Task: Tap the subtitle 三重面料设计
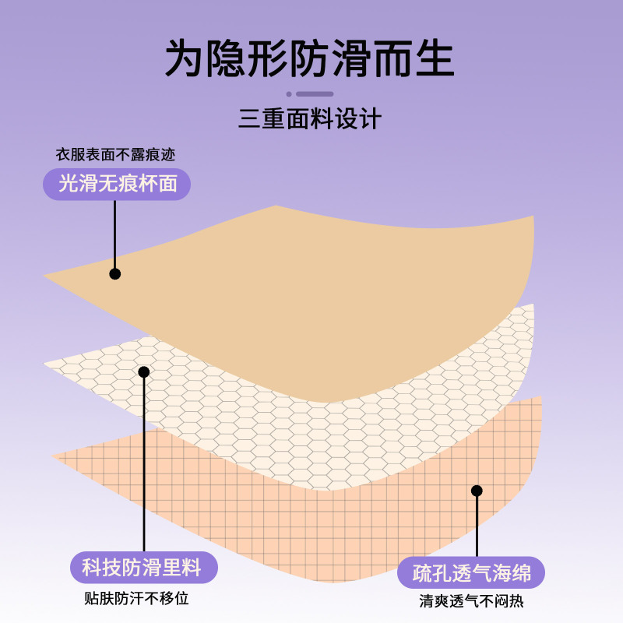[x=309, y=119]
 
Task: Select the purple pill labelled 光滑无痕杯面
[x=116, y=184]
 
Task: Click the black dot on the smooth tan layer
[x=114, y=274]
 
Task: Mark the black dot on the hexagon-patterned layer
[x=143, y=372]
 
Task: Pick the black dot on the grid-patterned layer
[x=477, y=491]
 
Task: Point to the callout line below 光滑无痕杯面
[x=114, y=234]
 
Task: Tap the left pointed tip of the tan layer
[x=47, y=275]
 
